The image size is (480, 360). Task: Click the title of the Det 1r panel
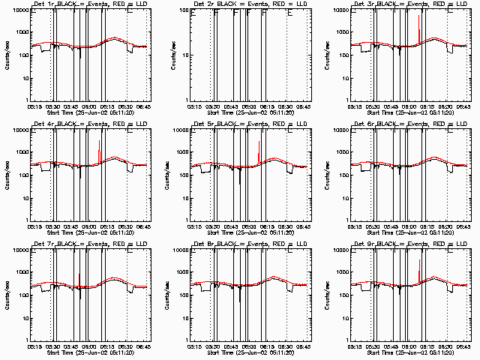pos(85,5)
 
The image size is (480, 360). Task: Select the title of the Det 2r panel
pos(246,5)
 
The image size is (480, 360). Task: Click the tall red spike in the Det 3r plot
pos(418,26)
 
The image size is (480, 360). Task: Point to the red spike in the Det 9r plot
pos(418,274)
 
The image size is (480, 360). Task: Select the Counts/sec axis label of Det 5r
pos(166,174)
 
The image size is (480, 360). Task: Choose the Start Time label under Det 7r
pos(85,352)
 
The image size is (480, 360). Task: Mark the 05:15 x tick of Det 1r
pos(34,105)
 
